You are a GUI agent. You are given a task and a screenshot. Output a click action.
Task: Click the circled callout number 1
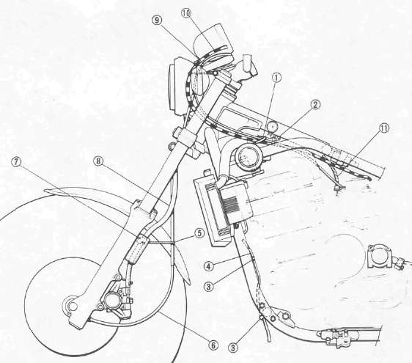(x=276, y=78)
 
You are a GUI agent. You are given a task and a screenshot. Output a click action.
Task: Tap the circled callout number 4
(x=208, y=266)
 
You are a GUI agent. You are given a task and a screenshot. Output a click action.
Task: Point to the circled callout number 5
(x=199, y=233)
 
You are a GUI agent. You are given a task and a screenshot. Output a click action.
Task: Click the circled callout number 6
(x=213, y=345)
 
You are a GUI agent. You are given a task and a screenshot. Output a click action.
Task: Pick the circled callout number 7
(x=16, y=162)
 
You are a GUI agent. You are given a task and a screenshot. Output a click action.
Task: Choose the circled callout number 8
(x=98, y=161)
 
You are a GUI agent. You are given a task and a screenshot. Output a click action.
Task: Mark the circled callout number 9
(x=157, y=21)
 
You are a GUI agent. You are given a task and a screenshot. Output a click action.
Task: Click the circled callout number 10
(x=186, y=13)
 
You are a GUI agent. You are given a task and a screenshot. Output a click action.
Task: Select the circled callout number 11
(x=384, y=128)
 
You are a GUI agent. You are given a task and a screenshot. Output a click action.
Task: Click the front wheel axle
(x=70, y=305)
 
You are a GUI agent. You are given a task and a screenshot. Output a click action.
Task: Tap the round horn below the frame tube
(x=248, y=157)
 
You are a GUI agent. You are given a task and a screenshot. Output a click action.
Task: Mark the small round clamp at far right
(x=378, y=256)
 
